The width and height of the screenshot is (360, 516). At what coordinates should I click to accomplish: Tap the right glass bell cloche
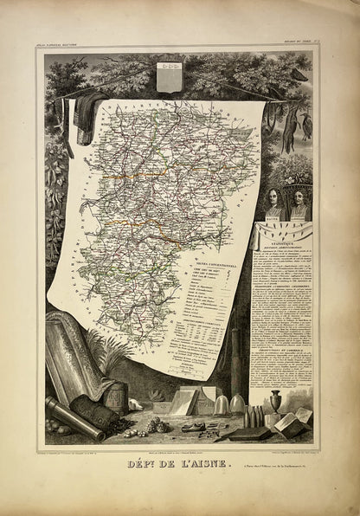click(x=236, y=403)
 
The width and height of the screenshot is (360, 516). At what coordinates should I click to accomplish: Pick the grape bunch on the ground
click(x=157, y=425)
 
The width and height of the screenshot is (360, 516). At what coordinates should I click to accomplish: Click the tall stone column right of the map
click(x=235, y=355)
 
